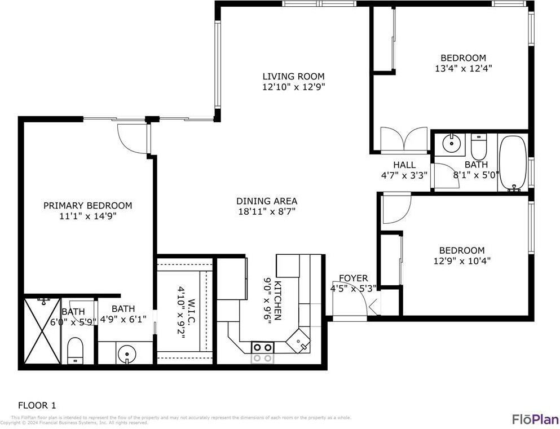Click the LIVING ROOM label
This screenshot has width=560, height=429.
293,77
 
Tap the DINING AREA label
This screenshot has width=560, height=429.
266,201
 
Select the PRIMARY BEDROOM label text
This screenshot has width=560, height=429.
87,206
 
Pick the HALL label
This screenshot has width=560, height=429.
404,165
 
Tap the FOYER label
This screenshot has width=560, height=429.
353,278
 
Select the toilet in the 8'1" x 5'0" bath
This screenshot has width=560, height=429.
478,148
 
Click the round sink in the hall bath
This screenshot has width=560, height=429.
452,143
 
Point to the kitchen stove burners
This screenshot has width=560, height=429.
262,352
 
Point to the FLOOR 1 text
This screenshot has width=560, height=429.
37,405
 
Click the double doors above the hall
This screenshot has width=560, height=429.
404,140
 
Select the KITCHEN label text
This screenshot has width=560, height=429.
277,299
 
